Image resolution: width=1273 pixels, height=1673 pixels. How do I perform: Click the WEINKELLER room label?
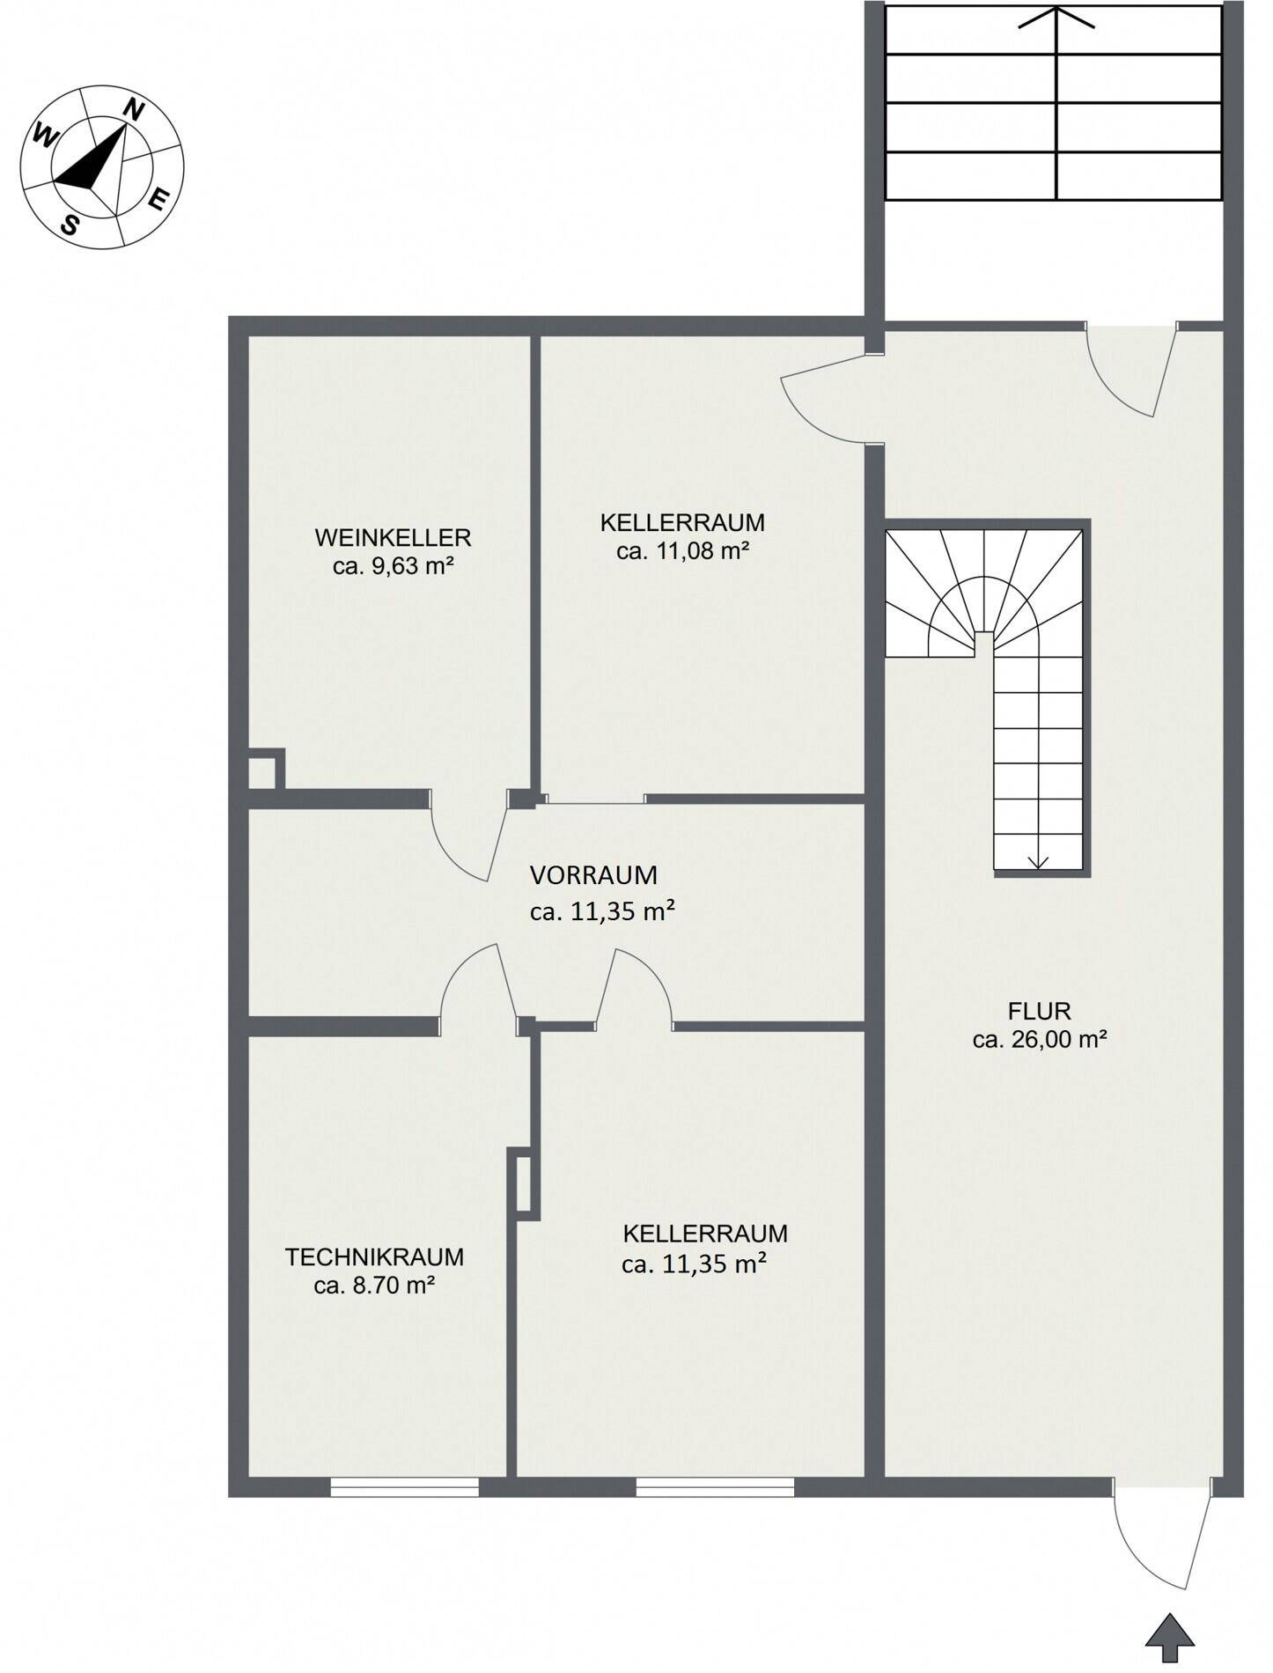[393, 536]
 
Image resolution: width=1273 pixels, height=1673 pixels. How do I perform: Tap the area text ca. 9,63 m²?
[393, 565]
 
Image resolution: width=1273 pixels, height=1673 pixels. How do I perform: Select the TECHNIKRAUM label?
[374, 1257]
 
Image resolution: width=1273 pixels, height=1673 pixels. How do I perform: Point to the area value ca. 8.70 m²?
[374, 1286]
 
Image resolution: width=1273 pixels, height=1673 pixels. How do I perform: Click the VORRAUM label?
[593, 875]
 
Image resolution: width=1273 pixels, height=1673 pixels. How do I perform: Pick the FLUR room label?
[1039, 1010]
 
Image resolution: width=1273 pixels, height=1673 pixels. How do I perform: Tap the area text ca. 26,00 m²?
[1039, 1039]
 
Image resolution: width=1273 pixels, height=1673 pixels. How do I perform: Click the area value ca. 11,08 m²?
[682, 551]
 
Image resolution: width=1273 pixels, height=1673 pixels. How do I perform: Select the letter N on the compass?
[133, 110]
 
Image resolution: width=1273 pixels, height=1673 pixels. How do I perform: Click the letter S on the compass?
[69, 225]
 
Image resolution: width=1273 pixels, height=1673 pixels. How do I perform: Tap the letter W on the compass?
[44, 136]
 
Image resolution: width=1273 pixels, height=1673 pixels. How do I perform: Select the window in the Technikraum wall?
[405, 1485]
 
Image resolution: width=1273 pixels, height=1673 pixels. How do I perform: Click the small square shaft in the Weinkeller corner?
[264, 770]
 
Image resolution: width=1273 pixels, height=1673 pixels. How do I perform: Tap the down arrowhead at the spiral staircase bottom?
[1038, 862]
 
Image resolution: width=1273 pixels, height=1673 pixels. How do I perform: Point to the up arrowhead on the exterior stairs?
[1056, 17]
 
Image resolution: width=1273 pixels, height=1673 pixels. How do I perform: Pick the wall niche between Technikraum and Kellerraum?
[523, 1183]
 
